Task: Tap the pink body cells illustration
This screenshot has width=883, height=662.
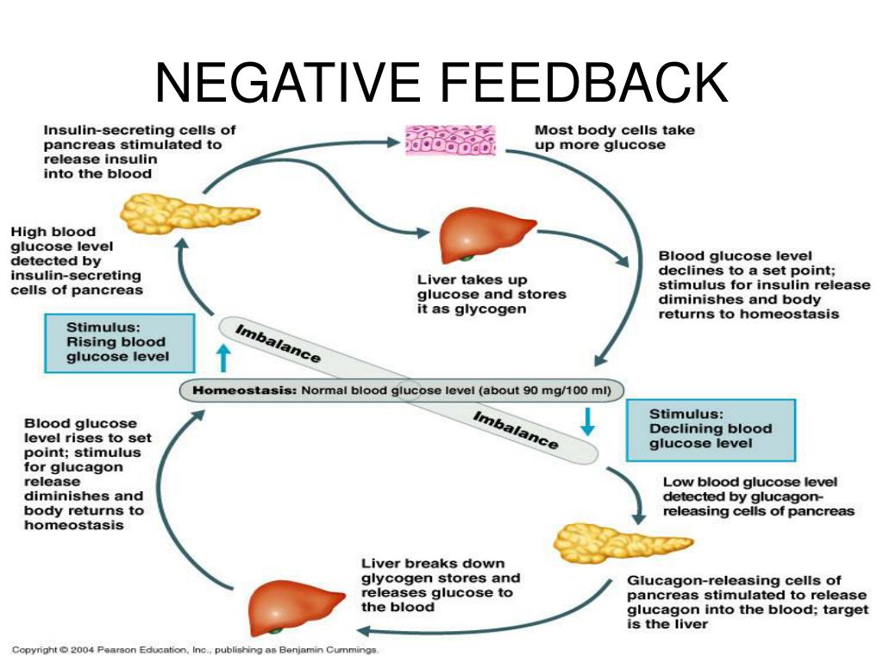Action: coord(450,140)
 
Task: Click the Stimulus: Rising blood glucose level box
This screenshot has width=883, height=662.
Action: coord(118,342)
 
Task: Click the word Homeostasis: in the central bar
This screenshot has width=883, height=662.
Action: coord(242,390)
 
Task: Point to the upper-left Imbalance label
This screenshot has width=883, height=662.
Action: coord(279,342)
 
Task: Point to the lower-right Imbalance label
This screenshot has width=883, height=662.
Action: coord(516,428)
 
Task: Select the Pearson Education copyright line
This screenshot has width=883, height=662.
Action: coord(196,650)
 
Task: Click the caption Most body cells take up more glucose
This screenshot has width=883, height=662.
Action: coord(614,138)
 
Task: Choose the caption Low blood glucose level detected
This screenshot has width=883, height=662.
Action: coord(758,496)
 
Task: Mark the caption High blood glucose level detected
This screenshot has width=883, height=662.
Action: coord(76,260)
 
